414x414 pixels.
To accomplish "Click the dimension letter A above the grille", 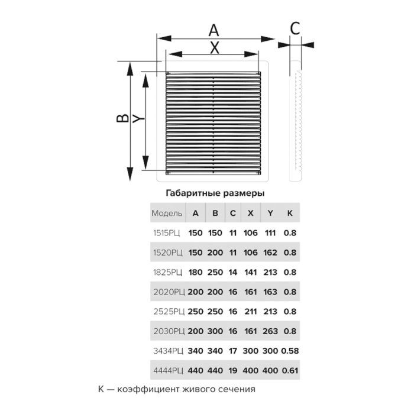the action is [214, 30].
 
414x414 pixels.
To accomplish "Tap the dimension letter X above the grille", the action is [215, 48].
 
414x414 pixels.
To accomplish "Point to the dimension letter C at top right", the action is [295, 28].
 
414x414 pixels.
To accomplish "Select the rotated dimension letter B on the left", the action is [122, 118].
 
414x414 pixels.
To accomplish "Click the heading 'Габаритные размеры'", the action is [215, 193].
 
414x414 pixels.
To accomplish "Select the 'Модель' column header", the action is [167, 213].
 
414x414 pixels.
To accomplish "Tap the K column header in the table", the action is [290, 213].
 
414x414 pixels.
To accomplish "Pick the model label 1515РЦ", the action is [167, 233].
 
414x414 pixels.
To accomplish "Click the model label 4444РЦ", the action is [168, 370].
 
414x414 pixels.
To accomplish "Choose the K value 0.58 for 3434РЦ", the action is [290, 351].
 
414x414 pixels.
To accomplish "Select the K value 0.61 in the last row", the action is [290, 370].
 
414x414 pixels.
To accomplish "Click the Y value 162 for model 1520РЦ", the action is [270, 253].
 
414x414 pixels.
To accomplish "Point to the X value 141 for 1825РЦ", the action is [251, 272].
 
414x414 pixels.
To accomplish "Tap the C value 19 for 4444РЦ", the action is [232, 370].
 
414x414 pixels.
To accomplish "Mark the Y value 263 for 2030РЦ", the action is [270, 331].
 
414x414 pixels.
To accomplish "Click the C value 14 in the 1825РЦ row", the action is [232, 272].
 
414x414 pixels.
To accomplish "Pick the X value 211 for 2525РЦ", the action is [251, 311].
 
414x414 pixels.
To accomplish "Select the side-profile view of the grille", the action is [296, 121].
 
